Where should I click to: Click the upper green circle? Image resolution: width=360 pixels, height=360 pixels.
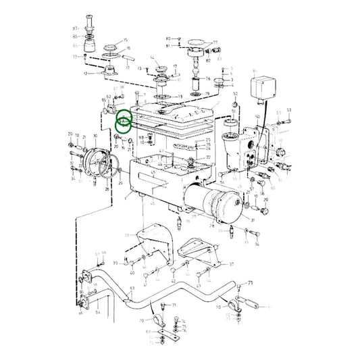tap(125, 115)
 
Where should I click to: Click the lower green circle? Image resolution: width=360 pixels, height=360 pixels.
tap(124, 125)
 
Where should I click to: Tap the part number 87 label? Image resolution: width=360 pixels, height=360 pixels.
tap(76, 27)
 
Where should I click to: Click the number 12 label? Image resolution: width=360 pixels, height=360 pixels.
tap(84, 73)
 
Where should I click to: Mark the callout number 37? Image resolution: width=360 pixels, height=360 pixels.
tap(232, 264)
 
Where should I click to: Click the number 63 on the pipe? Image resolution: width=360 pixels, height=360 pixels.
tap(132, 288)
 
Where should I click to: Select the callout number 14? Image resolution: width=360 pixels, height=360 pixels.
tap(152, 58)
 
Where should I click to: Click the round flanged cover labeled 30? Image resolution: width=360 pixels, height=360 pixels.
tap(99, 161)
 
